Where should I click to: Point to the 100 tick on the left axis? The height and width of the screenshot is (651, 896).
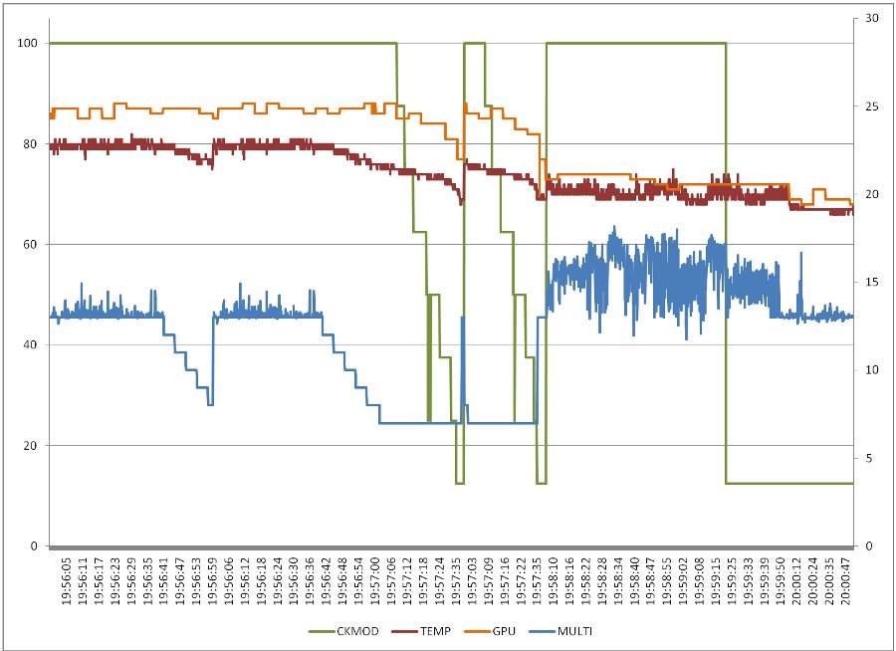[28, 43]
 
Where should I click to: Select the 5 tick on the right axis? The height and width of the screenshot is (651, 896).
[869, 458]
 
